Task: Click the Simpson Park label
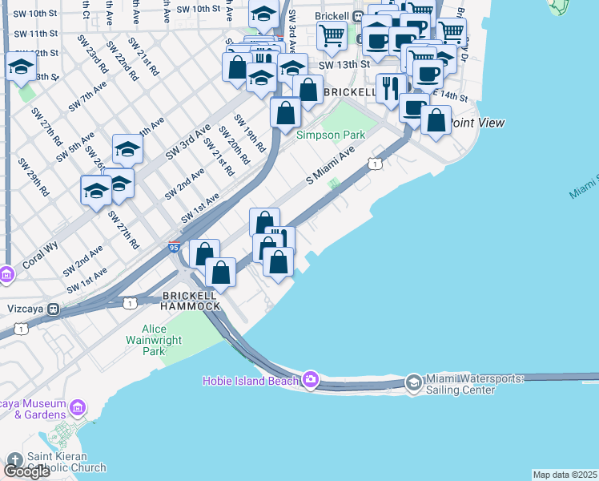(x=331, y=135)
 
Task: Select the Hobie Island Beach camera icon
(x=310, y=379)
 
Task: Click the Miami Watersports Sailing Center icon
(x=413, y=382)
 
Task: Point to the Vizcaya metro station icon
(x=54, y=308)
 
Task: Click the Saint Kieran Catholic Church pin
(x=14, y=458)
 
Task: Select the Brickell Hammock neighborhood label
(x=191, y=301)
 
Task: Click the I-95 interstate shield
(x=174, y=249)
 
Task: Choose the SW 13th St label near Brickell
(x=343, y=64)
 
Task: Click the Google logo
(x=26, y=471)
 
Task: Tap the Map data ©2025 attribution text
(x=565, y=475)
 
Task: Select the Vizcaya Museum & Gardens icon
(x=78, y=409)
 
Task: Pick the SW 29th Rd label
(x=34, y=178)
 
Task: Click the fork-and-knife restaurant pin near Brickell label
(x=390, y=87)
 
